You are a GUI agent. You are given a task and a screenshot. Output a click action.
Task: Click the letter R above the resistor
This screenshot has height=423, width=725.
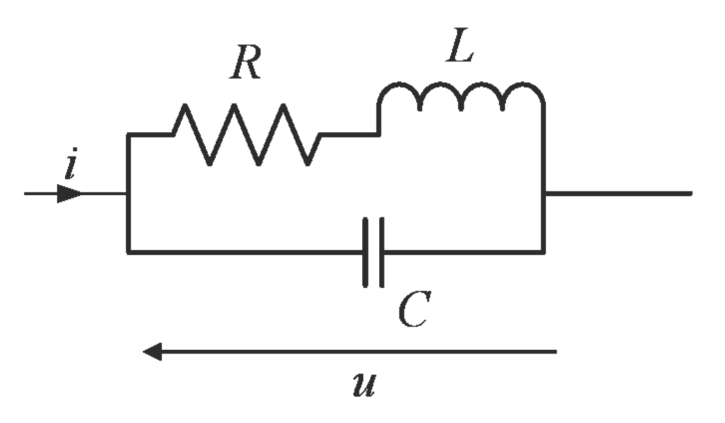point(245,62)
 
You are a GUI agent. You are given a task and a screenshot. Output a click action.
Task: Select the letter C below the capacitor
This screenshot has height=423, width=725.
point(414,309)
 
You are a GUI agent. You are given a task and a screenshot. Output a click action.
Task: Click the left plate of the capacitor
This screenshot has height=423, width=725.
point(366,252)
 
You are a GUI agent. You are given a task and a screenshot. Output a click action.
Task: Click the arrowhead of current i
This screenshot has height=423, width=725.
point(69,193)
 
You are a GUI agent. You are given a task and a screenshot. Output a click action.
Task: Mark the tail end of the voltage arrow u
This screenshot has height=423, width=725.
point(556,352)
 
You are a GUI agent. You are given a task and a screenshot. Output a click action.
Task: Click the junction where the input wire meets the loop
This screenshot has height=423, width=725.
point(128,193)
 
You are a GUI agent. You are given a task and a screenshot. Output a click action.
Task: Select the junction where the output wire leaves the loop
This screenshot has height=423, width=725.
point(544,193)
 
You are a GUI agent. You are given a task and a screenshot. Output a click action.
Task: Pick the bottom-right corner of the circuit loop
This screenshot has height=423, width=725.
point(543,252)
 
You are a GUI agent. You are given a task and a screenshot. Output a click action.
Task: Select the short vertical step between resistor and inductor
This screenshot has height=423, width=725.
point(378,121)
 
